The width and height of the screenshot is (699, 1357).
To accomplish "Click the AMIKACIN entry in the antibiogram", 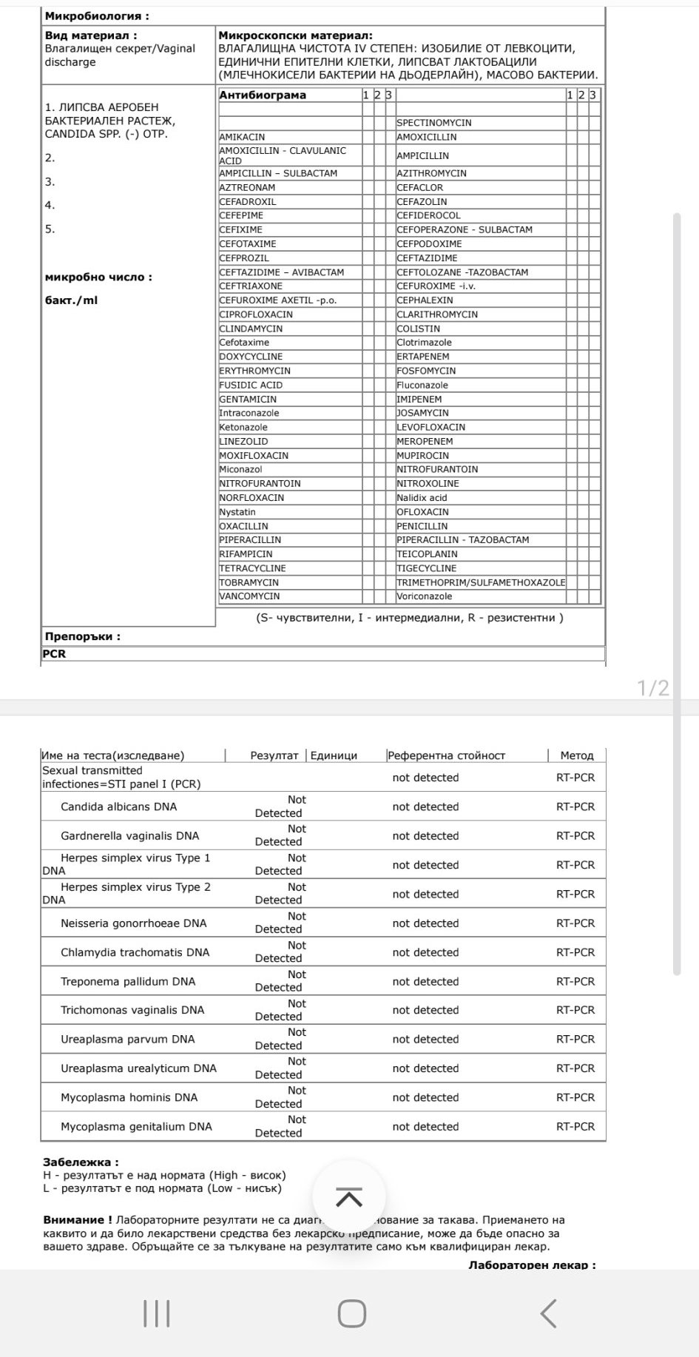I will click(x=242, y=137).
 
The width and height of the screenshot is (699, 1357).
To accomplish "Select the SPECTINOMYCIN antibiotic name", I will click(x=433, y=123).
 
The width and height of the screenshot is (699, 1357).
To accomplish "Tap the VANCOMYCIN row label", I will click(x=249, y=596).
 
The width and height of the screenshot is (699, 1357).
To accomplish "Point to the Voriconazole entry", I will click(x=424, y=596).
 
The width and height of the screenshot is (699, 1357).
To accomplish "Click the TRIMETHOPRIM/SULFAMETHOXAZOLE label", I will click(x=481, y=582).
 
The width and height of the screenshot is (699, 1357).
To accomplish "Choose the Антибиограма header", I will click(x=263, y=95).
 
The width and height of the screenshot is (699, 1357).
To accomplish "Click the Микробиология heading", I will click(x=96, y=16).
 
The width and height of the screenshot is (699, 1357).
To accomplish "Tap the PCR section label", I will click(x=54, y=654).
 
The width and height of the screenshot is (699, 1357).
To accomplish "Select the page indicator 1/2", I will click(x=653, y=689).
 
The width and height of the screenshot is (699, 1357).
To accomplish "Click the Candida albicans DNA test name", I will click(x=118, y=807).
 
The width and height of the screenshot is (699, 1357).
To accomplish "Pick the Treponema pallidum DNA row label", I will click(x=128, y=981).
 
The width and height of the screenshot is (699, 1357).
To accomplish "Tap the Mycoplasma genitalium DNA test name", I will click(x=136, y=1126).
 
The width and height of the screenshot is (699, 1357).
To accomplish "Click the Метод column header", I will click(x=577, y=755).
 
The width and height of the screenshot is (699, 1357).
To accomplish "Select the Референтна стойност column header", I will click(x=447, y=755).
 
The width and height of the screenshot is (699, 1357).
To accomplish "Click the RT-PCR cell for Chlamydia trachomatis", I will click(x=575, y=952).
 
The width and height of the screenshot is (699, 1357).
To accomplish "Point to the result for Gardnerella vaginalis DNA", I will click(x=280, y=835).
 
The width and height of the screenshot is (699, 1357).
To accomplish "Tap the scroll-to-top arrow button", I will click(x=349, y=1197).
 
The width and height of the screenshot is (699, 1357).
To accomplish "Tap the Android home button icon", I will click(x=352, y=1313).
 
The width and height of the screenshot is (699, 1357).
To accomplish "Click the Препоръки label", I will click(x=82, y=636).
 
